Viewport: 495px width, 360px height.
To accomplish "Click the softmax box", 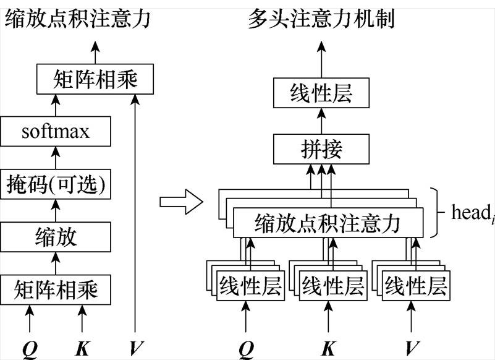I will coord(56,132).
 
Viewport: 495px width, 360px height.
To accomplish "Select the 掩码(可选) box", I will coord(56,184).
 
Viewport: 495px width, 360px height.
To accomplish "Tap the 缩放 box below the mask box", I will coord(56,236).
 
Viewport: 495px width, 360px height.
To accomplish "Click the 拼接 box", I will coord(321,148).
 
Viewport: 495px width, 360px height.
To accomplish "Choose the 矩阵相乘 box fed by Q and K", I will coord(56,289).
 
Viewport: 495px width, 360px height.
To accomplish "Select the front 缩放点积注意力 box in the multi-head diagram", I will coord(328,223).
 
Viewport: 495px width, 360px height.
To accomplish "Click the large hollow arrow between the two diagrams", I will coord(181,202).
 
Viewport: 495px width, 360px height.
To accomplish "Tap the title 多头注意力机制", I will coord(321,20).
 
